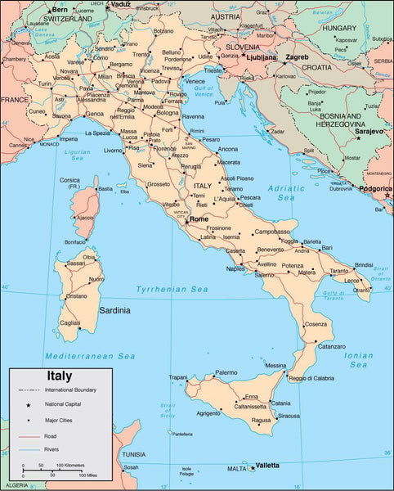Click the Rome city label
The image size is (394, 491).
(x=199, y=219)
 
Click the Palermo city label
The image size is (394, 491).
(x=226, y=372)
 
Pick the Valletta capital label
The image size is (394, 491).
(x=267, y=466)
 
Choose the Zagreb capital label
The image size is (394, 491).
(x=297, y=58)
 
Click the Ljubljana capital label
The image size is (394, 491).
(x=262, y=59)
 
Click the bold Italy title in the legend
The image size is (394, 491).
(x=58, y=376)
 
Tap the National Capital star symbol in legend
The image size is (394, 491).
(x=28, y=405)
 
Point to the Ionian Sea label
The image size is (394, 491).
(x=358, y=355)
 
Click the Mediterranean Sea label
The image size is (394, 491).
(x=90, y=356)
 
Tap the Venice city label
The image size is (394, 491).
(x=195, y=81)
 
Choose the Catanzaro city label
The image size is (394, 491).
(x=331, y=345)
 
